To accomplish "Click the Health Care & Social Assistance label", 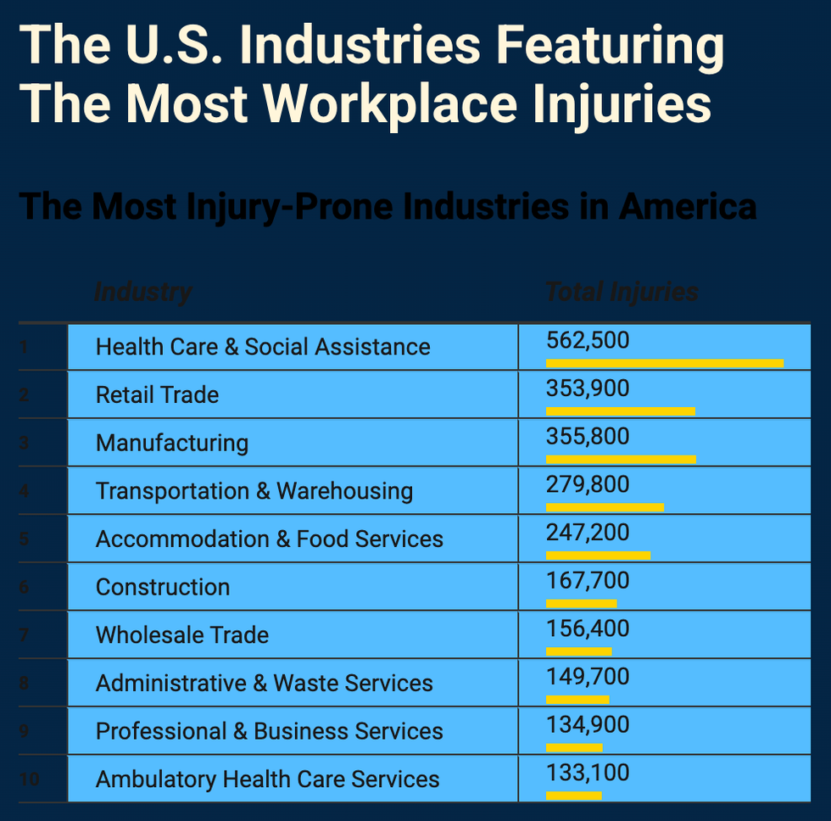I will (263, 347).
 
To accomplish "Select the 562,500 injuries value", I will (588, 340).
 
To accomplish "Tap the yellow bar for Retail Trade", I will (620, 411).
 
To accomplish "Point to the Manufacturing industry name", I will (172, 443).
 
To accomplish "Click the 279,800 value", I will (588, 484).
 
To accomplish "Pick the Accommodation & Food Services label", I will (270, 539).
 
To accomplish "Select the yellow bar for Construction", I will (581, 604).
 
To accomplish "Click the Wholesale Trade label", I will (182, 635).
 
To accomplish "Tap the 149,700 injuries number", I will (588, 677).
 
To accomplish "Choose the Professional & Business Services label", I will (270, 731).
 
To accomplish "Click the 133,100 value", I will (588, 773).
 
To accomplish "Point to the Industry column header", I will (143, 293).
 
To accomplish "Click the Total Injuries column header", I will (622, 293).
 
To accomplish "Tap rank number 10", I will (29, 779).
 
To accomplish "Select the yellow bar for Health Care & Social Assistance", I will (664, 363).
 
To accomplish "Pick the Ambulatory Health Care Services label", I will (268, 779).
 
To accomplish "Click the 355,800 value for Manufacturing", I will (588, 437).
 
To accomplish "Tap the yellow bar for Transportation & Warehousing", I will (605, 507).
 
